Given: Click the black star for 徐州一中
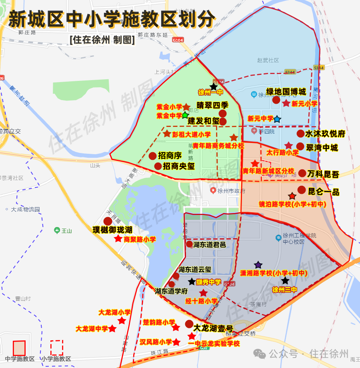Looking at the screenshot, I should point(214,86).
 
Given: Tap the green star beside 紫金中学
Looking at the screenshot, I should point(185,115).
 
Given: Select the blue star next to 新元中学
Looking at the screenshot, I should point(277,119).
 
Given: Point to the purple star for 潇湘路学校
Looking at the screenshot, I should point(258,265).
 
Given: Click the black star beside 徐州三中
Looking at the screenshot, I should point(285,281).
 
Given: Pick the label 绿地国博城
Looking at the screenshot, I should point(286,92).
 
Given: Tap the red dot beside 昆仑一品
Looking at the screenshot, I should point(302,190).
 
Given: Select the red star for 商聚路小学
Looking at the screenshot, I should point(118,239).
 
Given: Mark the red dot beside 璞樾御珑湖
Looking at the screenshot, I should point(108,221).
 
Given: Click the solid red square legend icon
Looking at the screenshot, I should point(19,348).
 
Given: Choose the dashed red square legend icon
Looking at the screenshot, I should point(56,348).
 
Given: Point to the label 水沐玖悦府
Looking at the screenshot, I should point(325,134).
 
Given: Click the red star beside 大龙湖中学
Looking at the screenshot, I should point(112,328).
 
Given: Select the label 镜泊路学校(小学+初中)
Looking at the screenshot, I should point(292,204).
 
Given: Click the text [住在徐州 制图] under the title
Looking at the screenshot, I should point(102,40).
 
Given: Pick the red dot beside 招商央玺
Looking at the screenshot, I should point(158,166).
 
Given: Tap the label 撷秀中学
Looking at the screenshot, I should point(208,282).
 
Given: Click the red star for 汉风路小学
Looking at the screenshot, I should point(176,342).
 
